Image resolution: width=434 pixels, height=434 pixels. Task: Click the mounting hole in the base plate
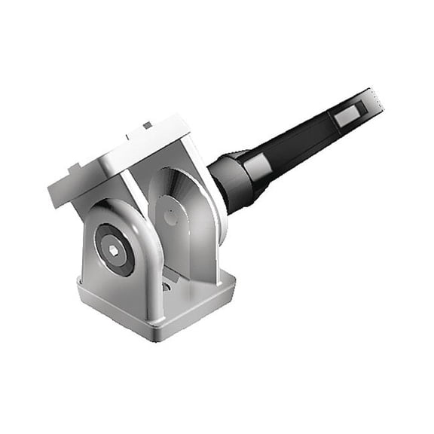(167, 286)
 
